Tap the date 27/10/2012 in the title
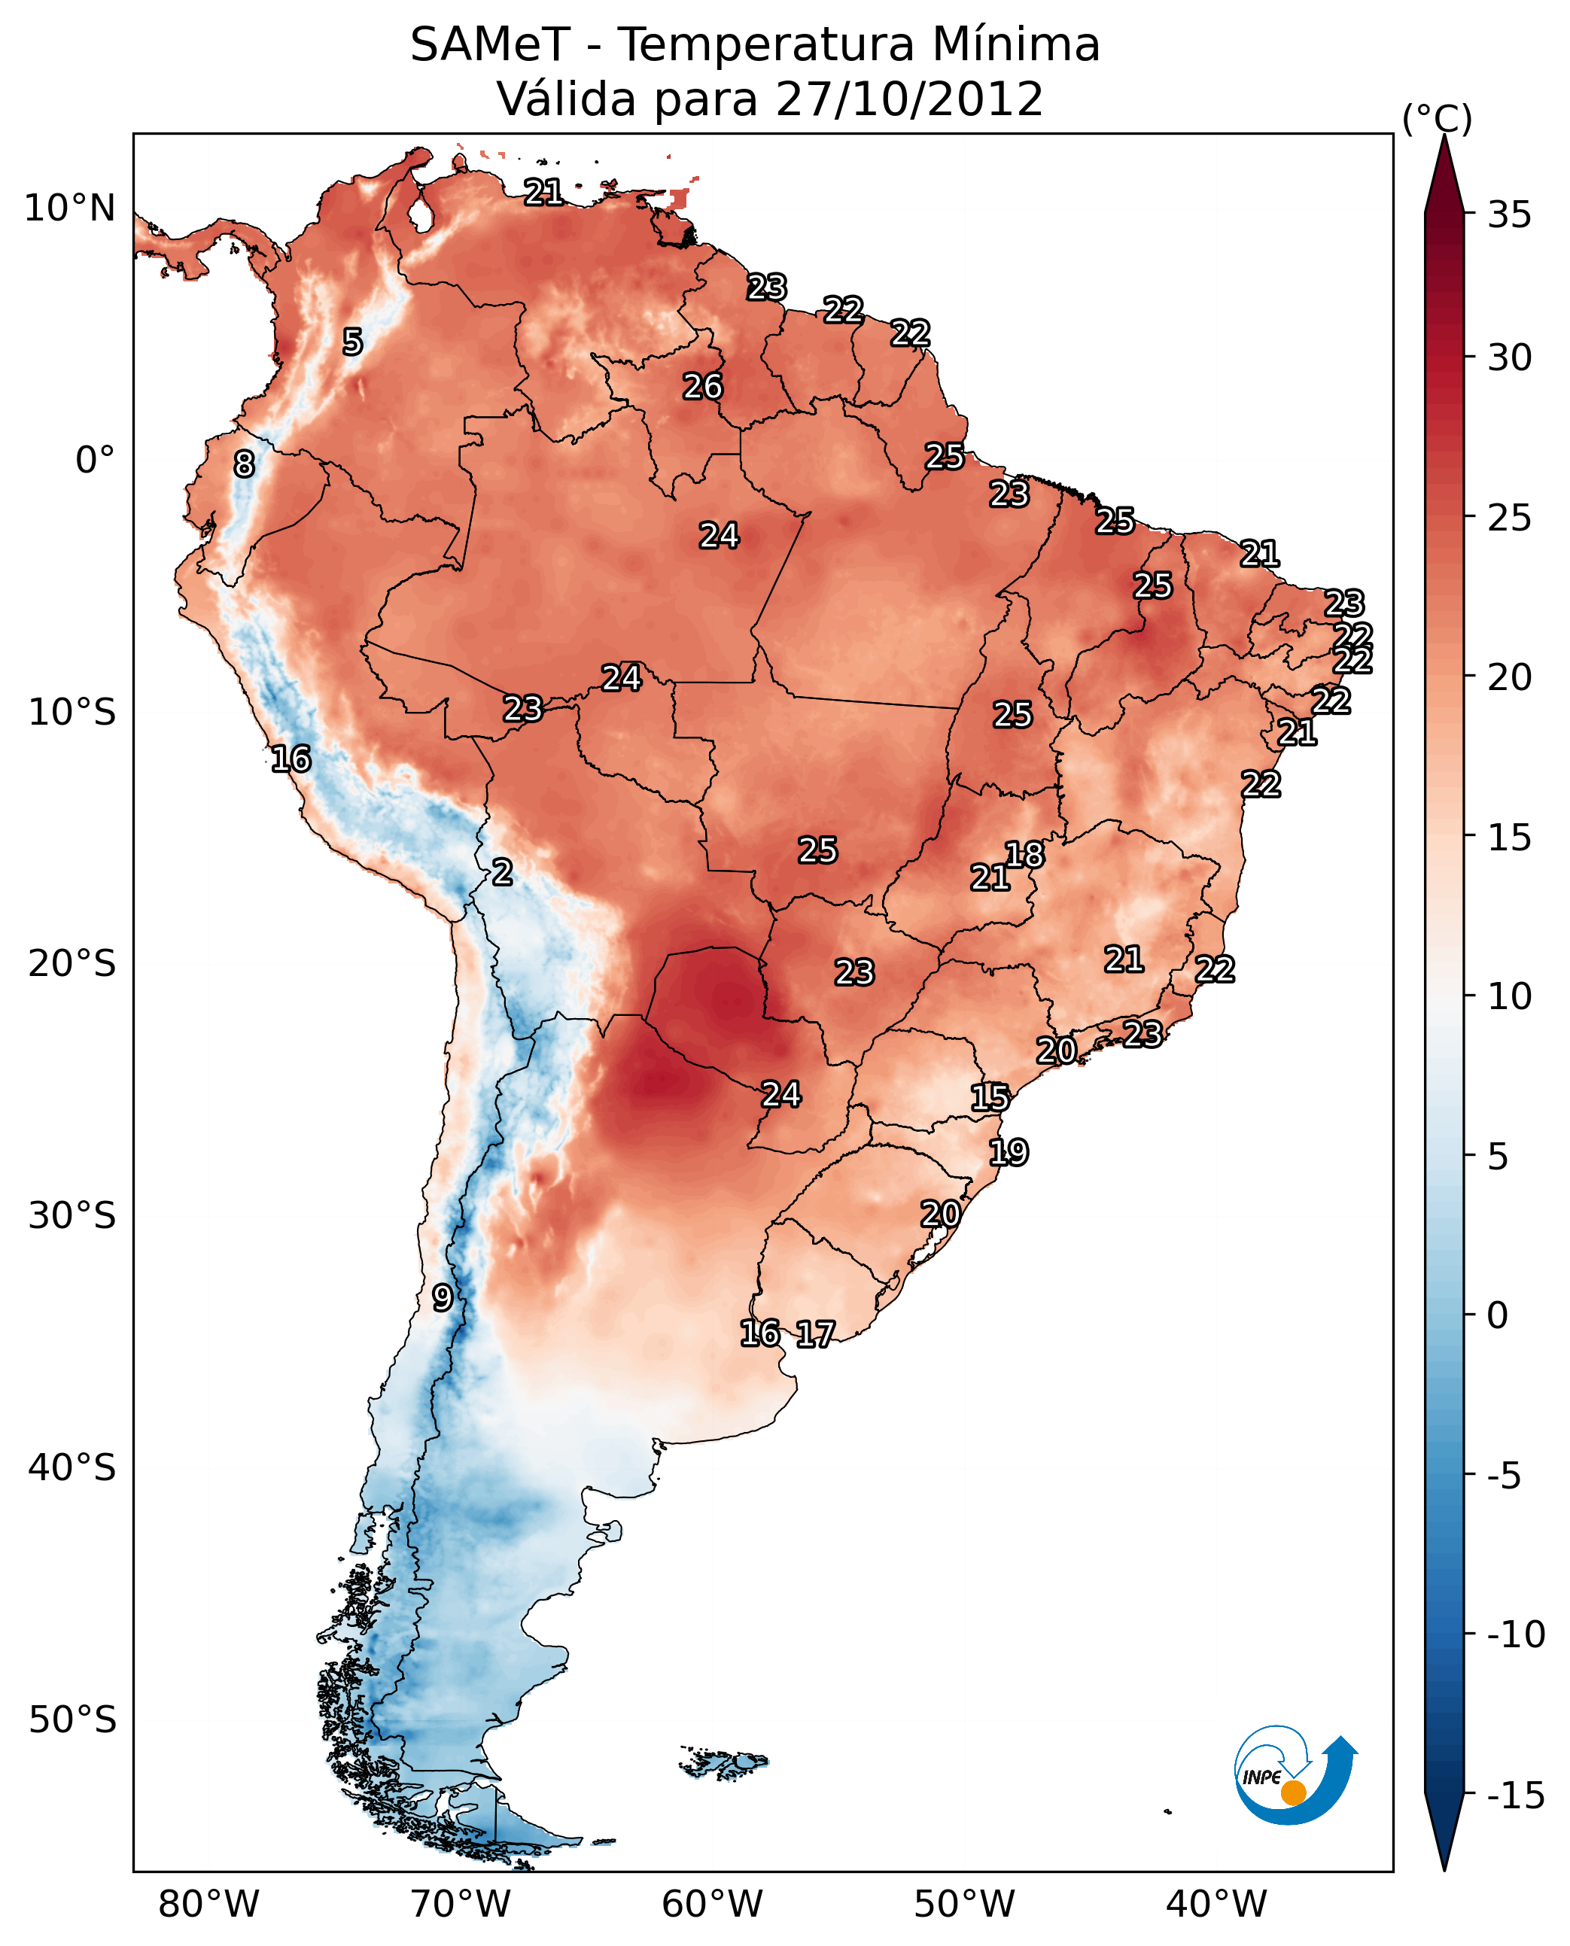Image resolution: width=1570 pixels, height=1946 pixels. pos(909,99)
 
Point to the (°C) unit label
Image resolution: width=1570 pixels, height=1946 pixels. pos(1436,118)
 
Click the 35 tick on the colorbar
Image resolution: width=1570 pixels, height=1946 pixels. pos(1509,215)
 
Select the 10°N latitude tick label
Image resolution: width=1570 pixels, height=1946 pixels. pos(70,209)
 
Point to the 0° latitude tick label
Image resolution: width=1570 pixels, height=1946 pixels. pos(95,461)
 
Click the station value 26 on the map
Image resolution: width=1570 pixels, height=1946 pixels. pos(703,387)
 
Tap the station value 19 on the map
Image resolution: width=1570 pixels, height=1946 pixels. pos(1009,1152)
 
